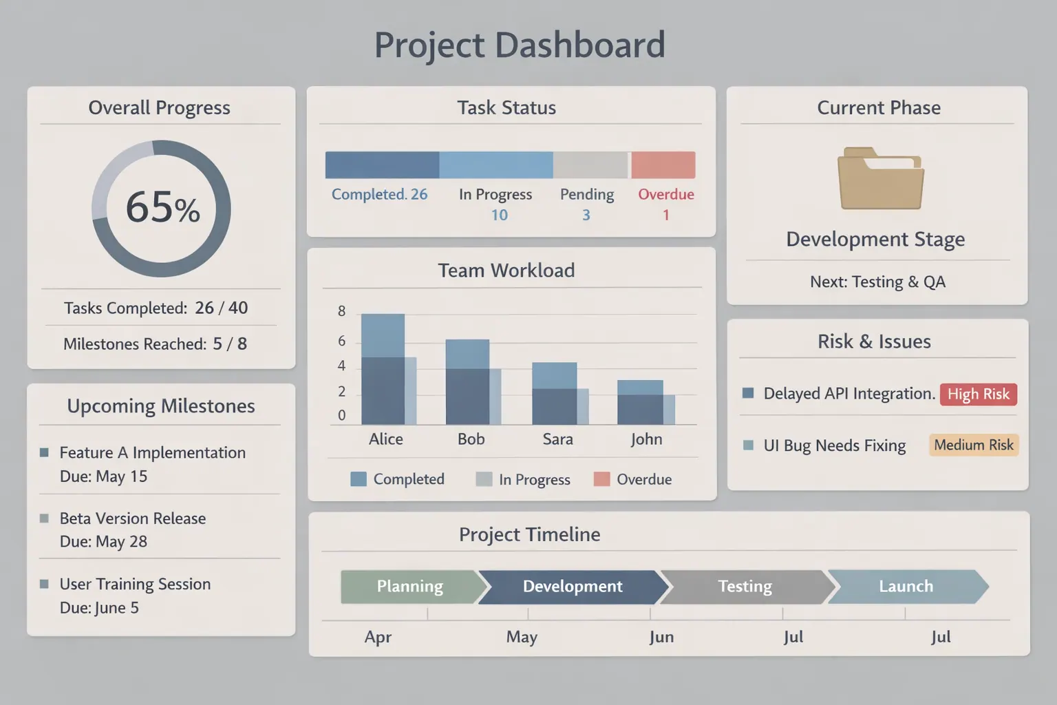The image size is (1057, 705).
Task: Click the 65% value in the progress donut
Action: click(x=162, y=207)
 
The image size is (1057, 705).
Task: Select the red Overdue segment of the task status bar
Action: click(x=663, y=165)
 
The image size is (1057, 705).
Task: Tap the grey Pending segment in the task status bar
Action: click(x=590, y=165)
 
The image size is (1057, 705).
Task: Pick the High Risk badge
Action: click(x=978, y=394)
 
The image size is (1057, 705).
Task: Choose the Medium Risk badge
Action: click(x=973, y=445)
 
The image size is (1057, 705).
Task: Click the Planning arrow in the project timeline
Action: click(x=410, y=587)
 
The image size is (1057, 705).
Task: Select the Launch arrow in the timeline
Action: click(x=906, y=587)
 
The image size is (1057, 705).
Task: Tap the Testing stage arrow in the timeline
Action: click(x=745, y=587)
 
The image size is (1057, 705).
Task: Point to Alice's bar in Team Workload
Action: click(x=383, y=372)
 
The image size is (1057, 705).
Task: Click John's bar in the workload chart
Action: click(x=640, y=403)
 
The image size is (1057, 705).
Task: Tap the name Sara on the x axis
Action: click(x=557, y=439)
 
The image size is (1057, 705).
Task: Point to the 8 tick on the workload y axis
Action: click(x=341, y=311)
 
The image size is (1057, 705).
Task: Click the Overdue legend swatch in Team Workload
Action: click(x=601, y=479)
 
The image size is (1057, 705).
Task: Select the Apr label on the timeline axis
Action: click(x=378, y=637)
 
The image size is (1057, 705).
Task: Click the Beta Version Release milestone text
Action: click(x=133, y=518)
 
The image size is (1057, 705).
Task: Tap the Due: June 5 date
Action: click(x=99, y=608)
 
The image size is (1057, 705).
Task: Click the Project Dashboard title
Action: click(x=520, y=45)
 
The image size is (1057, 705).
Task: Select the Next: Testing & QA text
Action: click(x=877, y=282)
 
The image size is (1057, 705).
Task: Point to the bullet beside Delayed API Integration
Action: click(x=748, y=393)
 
